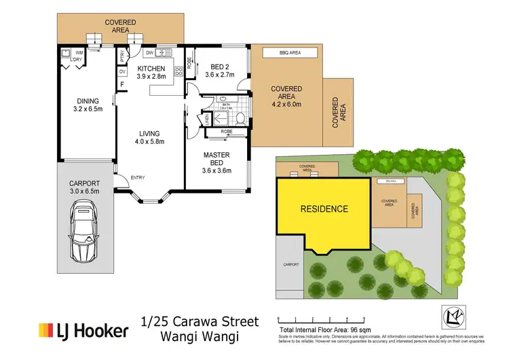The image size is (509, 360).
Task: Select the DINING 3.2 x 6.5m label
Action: pyautogui.click(x=86, y=103)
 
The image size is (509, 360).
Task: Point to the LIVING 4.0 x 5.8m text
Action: pyautogui.click(x=149, y=137)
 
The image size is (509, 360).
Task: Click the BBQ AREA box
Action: pyautogui.click(x=290, y=52)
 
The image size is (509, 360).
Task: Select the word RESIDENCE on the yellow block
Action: pyautogui.click(x=324, y=209)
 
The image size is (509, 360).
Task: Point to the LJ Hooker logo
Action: pyautogui.click(x=83, y=331)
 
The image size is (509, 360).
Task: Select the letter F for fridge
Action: pyautogui.click(x=123, y=85)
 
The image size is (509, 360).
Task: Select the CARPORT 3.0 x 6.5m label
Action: pyautogui.click(x=84, y=187)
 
